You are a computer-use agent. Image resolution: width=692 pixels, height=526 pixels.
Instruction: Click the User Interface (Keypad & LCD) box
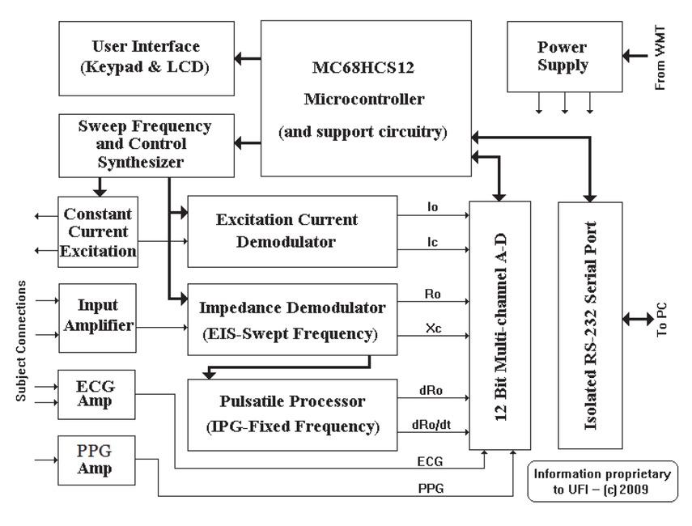[146, 57]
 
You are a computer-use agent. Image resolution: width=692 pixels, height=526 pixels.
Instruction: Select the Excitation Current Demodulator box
[292, 231]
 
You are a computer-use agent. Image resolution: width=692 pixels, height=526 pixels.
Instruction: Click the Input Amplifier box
[98, 317]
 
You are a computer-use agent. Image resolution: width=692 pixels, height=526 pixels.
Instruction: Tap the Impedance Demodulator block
[292, 318]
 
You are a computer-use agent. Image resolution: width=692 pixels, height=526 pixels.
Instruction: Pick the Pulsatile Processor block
[292, 414]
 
